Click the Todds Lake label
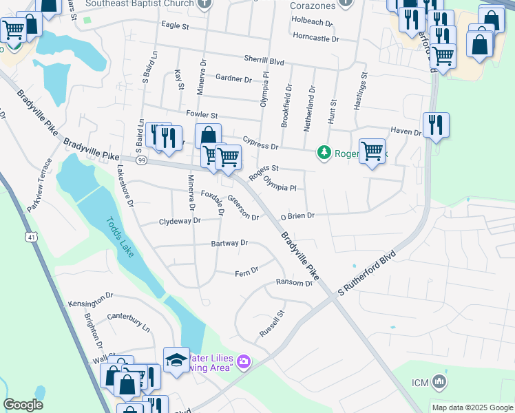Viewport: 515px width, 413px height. (120, 237)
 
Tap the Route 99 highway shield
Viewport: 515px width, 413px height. (141, 160)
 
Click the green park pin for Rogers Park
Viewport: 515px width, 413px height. (323, 153)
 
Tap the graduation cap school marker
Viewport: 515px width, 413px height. (176, 360)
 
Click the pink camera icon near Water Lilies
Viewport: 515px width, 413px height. (244, 361)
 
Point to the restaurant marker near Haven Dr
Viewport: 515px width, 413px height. (435, 125)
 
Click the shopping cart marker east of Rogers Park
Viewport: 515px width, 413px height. (372, 150)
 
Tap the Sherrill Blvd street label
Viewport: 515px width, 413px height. (264, 61)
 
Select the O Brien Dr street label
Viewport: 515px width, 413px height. (297, 216)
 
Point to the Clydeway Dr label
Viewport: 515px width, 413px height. (179, 222)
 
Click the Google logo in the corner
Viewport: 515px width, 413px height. (23, 405)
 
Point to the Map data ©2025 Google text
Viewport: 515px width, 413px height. (472, 407)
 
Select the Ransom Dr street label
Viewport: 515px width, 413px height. (294, 283)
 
